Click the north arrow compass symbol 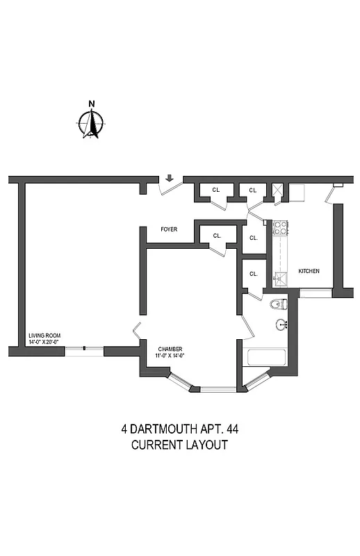91,124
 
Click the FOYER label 168,229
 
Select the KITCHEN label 309,271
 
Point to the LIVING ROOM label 44,336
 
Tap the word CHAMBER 170,350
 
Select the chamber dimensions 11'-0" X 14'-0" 170,357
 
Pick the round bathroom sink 282,324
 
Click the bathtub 268,357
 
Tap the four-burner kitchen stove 280,227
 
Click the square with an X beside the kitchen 279,189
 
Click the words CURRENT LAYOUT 179,445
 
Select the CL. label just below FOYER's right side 217,236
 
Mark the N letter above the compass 91,105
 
